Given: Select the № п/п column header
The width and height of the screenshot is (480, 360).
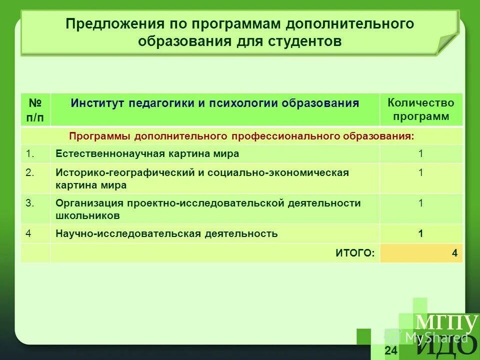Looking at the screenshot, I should [x=35, y=110].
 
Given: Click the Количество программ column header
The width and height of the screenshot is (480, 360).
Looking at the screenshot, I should [x=420, y=109].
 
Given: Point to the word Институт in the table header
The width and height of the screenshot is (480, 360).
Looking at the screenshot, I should [x=97, y=103].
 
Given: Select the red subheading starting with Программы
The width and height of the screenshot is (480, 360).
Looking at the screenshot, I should [x=241, y=136].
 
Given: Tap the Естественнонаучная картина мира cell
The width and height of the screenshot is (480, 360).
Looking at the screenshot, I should [x=147, y=154].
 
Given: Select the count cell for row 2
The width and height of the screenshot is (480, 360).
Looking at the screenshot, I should [x=420, y=173].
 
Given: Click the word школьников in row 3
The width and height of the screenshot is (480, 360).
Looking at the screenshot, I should [x=87, y=215].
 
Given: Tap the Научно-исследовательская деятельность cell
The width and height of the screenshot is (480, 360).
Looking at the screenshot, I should [x=166, y=233].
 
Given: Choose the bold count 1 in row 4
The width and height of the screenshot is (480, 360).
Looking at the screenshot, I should [x=420, y=233].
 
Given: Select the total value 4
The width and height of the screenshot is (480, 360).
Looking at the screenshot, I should [x=454, y=253].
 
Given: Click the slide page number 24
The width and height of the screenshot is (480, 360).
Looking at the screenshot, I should [x=391, y=350].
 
